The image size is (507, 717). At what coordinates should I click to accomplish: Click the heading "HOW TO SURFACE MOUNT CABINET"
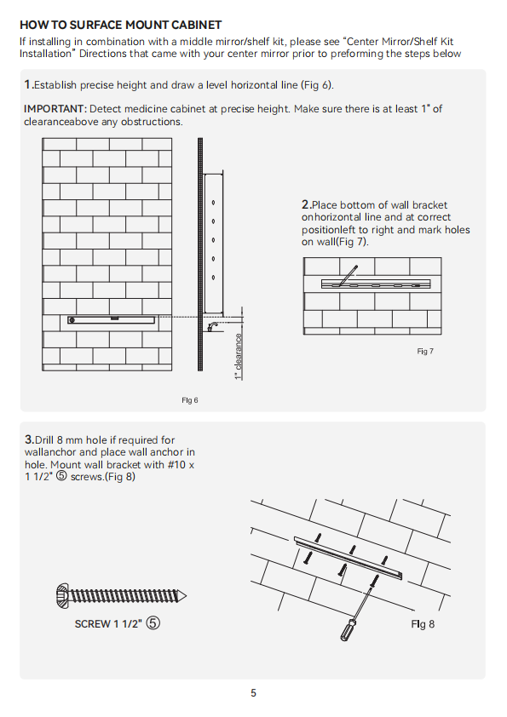121,25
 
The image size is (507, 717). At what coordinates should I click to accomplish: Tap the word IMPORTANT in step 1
55,109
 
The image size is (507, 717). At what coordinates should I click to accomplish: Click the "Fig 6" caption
190,400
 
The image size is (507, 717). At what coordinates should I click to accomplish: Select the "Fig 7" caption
425,351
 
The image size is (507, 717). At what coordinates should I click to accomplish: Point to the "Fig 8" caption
423,624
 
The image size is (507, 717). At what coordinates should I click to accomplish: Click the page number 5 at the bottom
254,693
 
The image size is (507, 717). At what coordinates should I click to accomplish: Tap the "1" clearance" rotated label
238,357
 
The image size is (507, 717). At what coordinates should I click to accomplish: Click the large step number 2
306,204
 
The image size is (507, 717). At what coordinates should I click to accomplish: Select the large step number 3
29,439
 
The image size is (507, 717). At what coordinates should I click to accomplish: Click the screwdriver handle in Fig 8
348,629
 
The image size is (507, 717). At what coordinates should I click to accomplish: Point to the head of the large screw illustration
62,596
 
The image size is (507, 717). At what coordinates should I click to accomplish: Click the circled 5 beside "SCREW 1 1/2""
153,623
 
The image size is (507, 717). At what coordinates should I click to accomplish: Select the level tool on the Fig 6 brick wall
111,319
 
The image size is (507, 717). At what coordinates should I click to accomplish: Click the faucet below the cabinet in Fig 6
213,326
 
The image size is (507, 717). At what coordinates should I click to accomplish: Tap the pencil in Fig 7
348,275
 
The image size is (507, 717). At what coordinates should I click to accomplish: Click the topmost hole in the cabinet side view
213,202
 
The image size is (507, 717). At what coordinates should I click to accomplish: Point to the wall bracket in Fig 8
349,558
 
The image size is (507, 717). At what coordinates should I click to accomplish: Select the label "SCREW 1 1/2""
108,624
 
